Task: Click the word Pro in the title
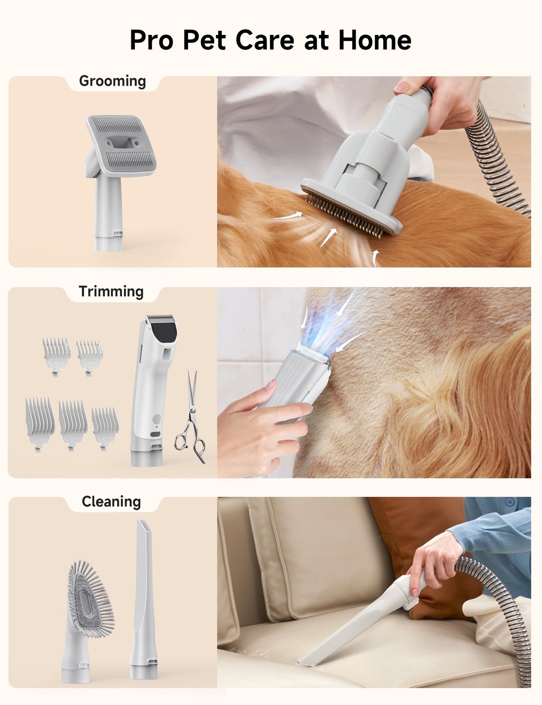coord(152,40)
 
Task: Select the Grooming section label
coord(112,81)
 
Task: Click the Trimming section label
coord(111,292)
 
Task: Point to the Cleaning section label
coord(111,502)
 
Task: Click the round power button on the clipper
coord(156,418)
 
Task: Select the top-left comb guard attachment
coord(56,354)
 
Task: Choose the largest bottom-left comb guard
coord(40,422)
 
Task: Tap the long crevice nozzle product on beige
coord(144,597)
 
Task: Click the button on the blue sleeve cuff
coord(509,502)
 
